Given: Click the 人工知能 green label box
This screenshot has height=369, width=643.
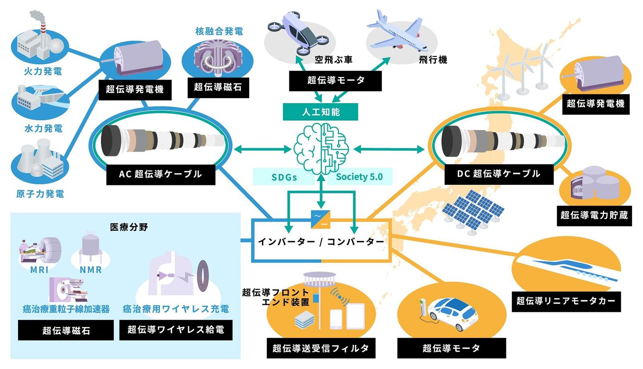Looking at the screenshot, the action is pos(320,112).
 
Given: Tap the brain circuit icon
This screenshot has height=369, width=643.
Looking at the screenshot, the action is pos(321,149).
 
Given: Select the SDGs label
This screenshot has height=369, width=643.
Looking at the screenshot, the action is pos(284,177).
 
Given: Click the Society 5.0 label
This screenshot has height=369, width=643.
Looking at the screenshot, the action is pos(359,176).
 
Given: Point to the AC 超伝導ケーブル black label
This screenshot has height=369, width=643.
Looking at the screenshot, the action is pos(161,174).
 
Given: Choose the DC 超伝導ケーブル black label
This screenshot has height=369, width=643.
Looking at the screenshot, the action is pos(499,174).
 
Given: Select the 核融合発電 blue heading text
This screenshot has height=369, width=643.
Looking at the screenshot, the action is pos(219,31).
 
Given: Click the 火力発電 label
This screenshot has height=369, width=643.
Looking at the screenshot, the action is pos(43,71).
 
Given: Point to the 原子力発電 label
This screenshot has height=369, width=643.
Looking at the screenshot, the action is pos(40,194).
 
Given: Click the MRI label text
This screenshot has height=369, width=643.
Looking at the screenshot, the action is pos(39,270).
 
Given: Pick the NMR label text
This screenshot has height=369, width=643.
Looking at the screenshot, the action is pos(91,270).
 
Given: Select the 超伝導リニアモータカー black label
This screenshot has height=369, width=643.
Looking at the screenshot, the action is pos(566,301).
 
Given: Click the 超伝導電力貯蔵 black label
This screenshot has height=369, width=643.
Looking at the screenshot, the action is pos(594,216).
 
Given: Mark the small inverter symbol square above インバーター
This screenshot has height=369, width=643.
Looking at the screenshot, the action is pos(321,219).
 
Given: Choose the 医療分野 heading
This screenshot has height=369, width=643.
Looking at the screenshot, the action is pos(129,228).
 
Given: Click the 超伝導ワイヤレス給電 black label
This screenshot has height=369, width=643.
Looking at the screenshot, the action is pos(176,330).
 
